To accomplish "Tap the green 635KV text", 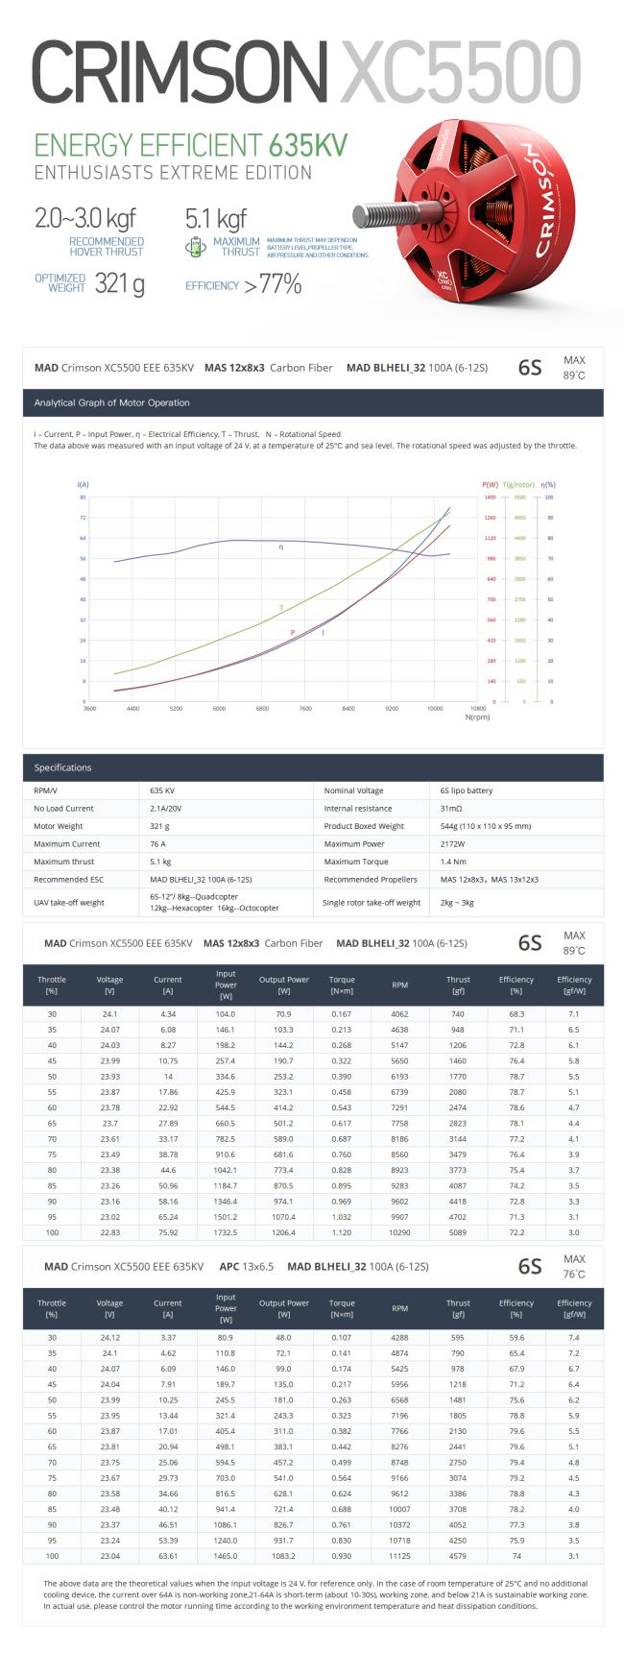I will point(308,145).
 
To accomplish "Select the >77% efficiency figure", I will point(272,284).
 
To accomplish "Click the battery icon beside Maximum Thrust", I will point(195,247).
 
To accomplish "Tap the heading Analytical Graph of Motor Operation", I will point(112,402).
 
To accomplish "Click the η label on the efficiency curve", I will point(281,547).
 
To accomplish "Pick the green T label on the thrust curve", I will point(281,608).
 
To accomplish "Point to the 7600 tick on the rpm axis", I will point(305,709).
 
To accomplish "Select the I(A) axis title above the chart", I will point(83,485).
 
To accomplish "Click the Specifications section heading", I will point(62,767).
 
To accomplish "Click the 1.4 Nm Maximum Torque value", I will point(452,862).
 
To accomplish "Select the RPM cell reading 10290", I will point(399,1231).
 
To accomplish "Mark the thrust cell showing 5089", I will point(458,1231).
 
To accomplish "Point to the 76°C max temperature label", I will point(574,1274).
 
